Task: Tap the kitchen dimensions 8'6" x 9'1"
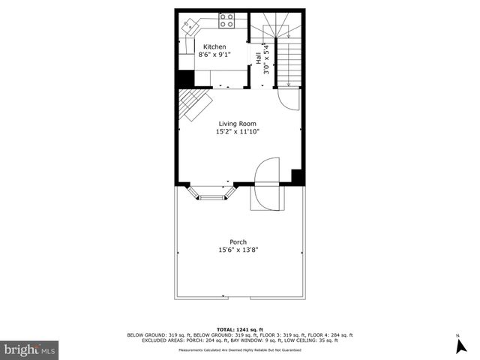point(214,54)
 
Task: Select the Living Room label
point(238,124)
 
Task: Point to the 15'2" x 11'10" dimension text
point(238,131)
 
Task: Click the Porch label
point(238,241)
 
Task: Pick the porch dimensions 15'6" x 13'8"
point(238,250)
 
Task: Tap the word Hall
point(259,58)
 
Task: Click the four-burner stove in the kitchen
point(227,19)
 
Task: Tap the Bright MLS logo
point(30,349)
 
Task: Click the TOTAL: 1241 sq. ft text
point(239,329)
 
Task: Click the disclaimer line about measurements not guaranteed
point(239,350)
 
